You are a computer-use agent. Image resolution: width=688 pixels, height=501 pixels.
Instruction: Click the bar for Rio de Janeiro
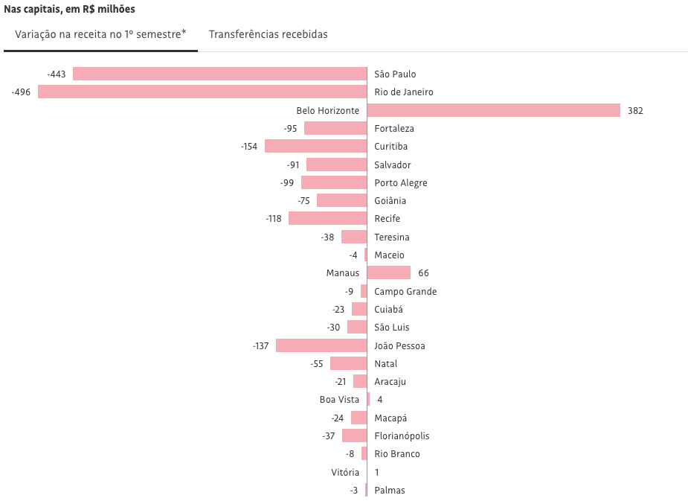(x=202, y=92)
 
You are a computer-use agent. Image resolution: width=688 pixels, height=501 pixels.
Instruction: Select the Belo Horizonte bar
(x=493, y=110)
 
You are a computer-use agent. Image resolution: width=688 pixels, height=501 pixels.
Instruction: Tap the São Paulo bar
(x=219, y=74)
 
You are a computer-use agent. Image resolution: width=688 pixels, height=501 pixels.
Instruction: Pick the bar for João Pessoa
(x=321, y=345)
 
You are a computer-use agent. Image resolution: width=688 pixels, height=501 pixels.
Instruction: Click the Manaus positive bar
(x=389, y=273)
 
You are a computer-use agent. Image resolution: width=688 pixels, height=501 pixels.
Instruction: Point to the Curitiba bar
(x=315, y=146)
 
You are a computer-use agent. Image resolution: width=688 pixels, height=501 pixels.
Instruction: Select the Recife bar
(x=327, y=218)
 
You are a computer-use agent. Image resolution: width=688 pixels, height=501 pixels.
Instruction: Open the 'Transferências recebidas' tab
(x=268, y=34)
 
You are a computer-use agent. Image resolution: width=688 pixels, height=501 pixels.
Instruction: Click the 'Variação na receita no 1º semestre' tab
(x=100, y=34)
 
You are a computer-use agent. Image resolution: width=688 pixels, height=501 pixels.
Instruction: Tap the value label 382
(x=635, y=110)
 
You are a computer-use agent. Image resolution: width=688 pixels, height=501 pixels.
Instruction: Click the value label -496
(x=21, y=92)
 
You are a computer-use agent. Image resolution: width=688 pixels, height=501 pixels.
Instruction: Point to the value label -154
(x=249, y=146)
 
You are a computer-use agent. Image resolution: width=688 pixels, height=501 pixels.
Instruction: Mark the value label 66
(x=423, y=273)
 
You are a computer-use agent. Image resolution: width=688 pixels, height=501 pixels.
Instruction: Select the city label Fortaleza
(x=394, y=128)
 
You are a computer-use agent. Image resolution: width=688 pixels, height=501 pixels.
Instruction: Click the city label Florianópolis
(x=402, y=436)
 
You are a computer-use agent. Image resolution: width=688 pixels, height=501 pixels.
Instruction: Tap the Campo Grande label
(x=405, y=291)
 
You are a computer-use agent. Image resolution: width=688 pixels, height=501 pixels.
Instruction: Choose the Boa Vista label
(x=339, y=400)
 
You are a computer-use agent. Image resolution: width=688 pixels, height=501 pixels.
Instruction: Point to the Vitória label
(x=345, y=472)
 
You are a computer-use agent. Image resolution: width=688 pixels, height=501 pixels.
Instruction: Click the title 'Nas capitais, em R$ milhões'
(x=69, y=10)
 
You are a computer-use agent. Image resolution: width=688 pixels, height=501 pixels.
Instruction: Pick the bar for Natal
(x=348, y=363)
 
